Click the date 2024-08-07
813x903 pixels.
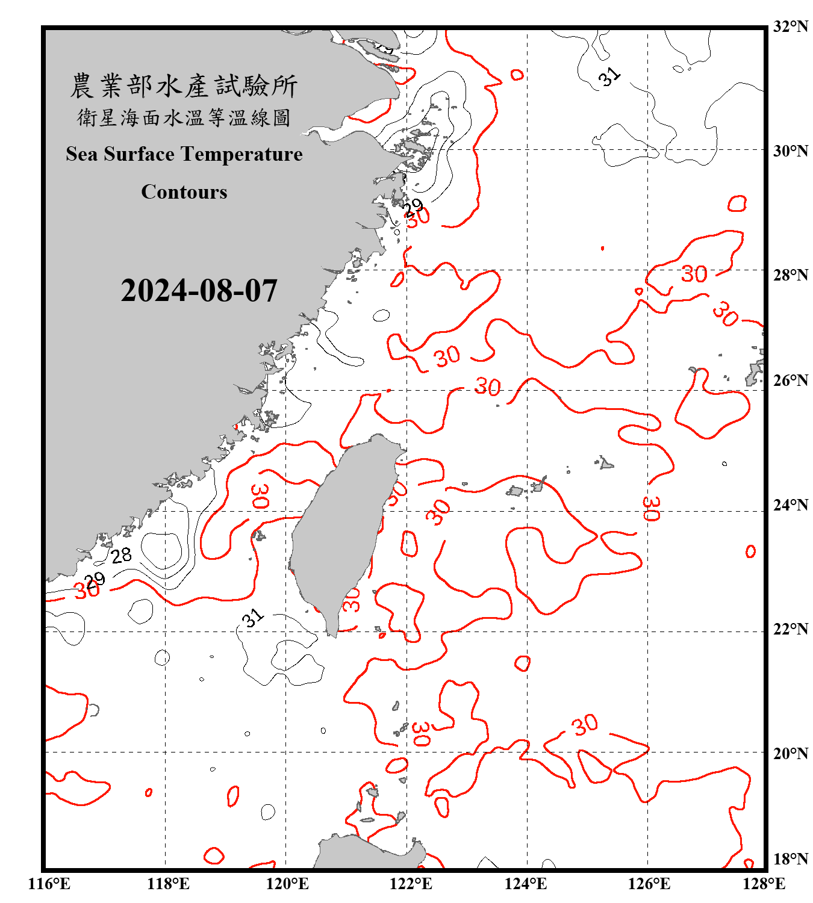tap(199, 291)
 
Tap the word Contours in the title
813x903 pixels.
tap(184, 192)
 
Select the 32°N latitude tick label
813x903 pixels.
tap(791, 26)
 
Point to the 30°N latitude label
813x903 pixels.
tap(791, 150)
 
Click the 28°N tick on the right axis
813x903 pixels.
tap(791, 275)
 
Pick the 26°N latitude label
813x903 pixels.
tap(791, 380)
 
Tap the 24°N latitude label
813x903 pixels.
tap(791, 504)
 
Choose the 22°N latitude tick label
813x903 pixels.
tap(791, 629)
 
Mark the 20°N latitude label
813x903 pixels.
tap(791, 753)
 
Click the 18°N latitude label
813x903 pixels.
tap(791, 859)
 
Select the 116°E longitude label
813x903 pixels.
tap(49, 884)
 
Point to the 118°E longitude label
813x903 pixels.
tap(168, 884)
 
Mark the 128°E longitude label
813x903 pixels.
tap(764, 884)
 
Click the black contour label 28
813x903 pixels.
tap(122, 555)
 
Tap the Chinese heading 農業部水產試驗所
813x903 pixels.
tap(184, 86)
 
